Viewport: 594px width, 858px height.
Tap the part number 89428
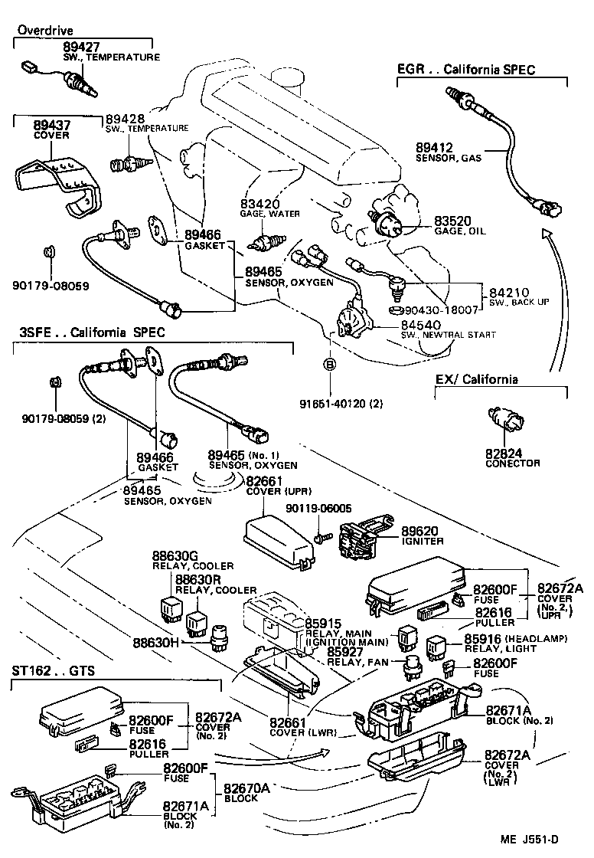tap(125, 118)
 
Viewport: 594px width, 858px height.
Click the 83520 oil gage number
tap(452, 220)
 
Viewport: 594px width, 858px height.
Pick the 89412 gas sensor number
tap(435, 146)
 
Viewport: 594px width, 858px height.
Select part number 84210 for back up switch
tap(508, 292)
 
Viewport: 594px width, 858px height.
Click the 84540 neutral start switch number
tap(419, 325)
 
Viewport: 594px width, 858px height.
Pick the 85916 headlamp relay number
tap(484, 639)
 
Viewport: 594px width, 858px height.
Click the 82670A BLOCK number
tap(247, 788)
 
